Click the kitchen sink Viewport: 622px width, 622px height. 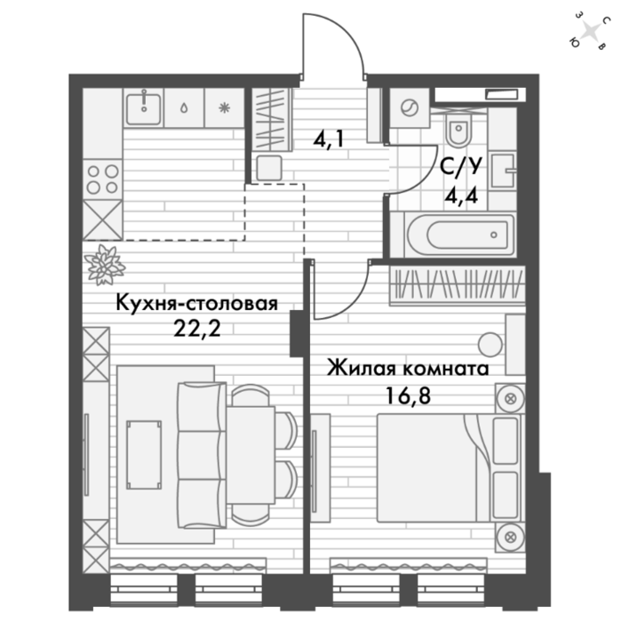pyautogui.click(x=144, y=108)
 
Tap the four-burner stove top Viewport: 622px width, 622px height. pyautogui.click(x=103, y=179)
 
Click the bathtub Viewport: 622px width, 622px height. pyautogui.click(x=460, y=235)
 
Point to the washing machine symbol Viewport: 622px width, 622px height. pyautogui.click(x=410, y=108)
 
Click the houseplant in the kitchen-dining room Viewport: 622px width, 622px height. pyautogui.click(x=105, y=265)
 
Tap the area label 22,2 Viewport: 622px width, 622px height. pyautogui.click(x=196, y=329)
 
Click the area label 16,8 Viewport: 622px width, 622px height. pyautogui.click(x=408, y=395)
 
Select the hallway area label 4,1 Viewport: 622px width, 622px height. pyautogui.click(x=328, y=140)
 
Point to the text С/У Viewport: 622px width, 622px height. pyautogui.click(x=461, y=167)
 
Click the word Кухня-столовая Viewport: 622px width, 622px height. pyautogui.click(x=196, y=304)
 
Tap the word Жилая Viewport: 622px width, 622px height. pyautogui.click(x=362, y=368)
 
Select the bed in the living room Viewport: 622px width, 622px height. pyautogui.click(x=448, y=468)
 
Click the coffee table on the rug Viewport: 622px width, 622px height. pyautogui.click(x=144, y=455)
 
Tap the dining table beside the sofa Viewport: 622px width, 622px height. pyautogui.click(x=251, y=455)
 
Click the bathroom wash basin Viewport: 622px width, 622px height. pyautogui.click(x=503, y=171)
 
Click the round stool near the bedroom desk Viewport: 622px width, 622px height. pyautogui.click(x=490, y=345)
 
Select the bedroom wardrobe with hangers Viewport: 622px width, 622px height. pyautogui.click(x=458, y=285)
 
